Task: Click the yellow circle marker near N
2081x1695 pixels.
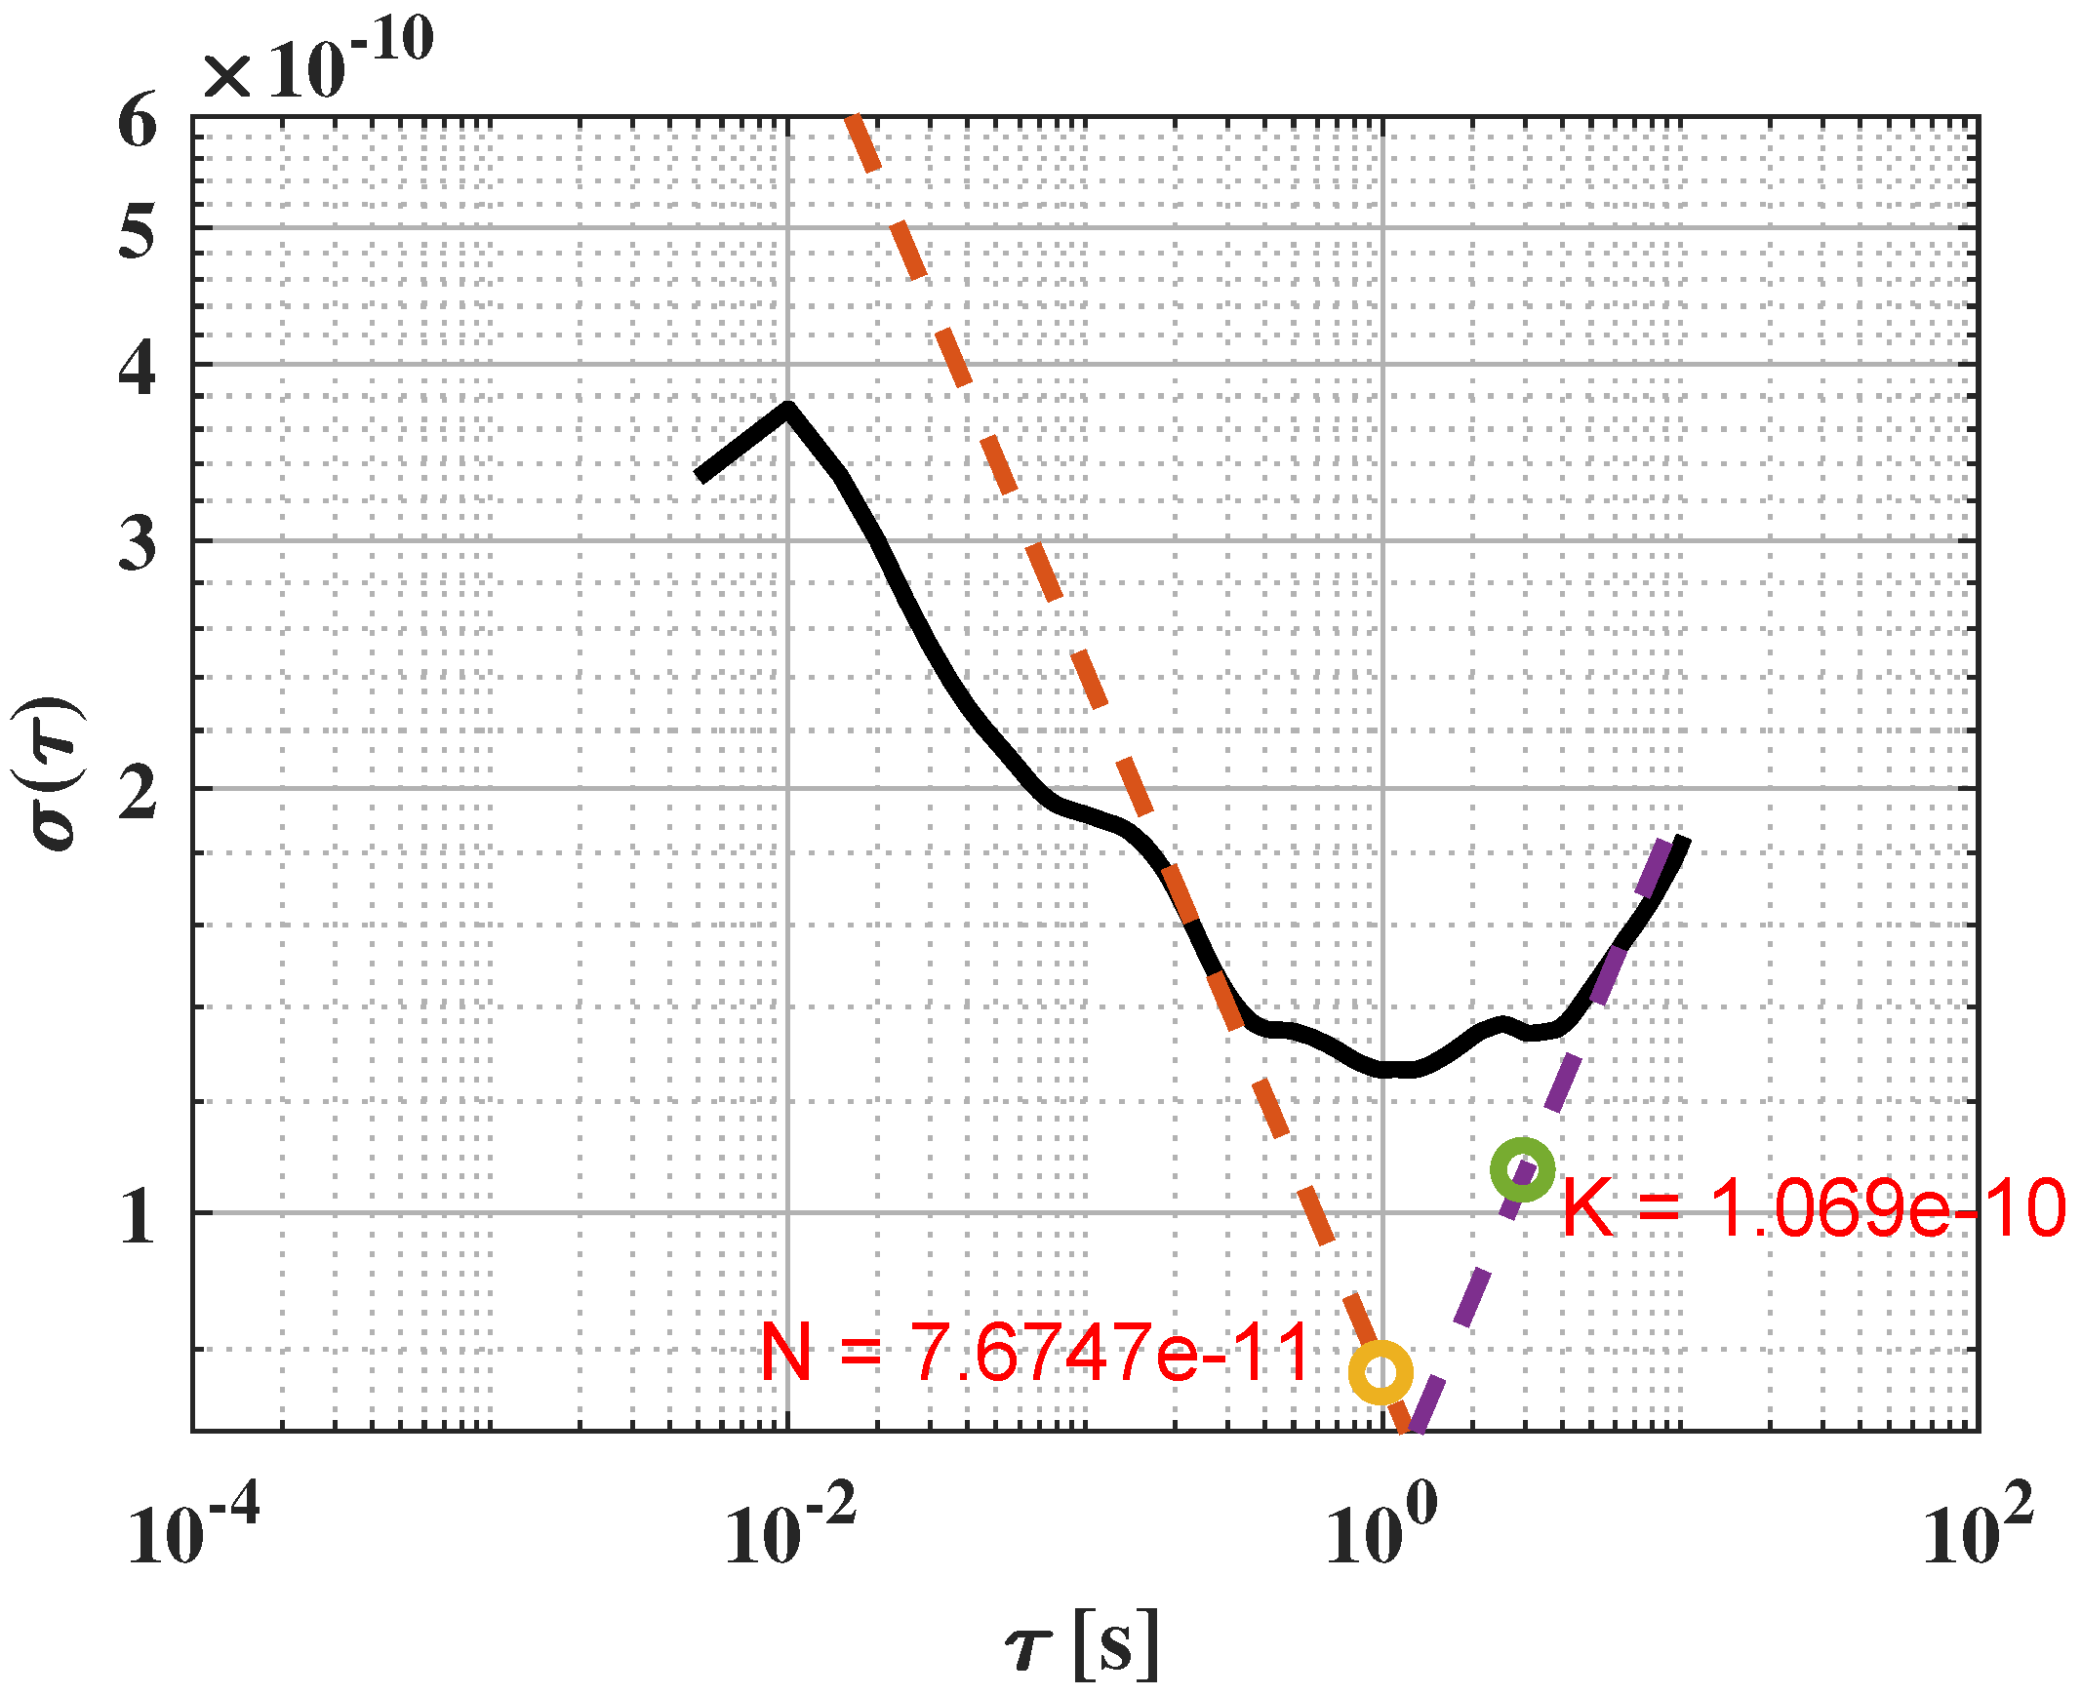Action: click(x=1380, y=1372)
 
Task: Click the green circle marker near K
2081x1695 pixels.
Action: click(x=1521, y=1168)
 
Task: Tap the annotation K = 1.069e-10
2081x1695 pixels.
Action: click(x=1814, y=1208)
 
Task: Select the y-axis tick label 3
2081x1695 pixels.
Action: click(x=138, y=544)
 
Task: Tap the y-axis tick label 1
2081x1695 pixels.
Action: click(x=138, y=1217)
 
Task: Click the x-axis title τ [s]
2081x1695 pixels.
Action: click(x=1082, y=1646)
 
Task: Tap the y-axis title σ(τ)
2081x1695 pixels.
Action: click(x=51, y=773)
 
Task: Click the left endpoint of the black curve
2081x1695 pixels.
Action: click(x=700, y=477)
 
